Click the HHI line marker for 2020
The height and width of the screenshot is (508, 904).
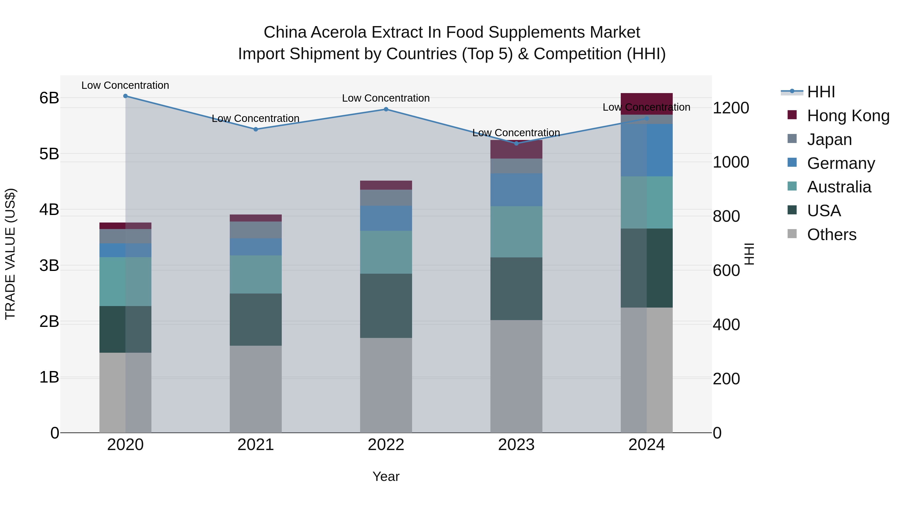pos(125,96)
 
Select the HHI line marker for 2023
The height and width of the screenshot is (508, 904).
pos(516,143)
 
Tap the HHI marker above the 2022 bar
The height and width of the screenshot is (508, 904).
pos(386,109)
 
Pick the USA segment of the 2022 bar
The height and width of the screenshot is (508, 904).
pos(386,306)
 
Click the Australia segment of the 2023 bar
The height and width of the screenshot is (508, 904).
pos(516,232)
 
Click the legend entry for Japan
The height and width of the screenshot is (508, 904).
pos(829,139)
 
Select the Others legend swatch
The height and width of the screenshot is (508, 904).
pos(792,234)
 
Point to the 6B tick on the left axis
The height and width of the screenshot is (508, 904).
pos(49,98)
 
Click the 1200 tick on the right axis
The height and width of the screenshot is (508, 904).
pos(731,108)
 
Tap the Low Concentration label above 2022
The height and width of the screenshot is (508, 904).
pos(386,98)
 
